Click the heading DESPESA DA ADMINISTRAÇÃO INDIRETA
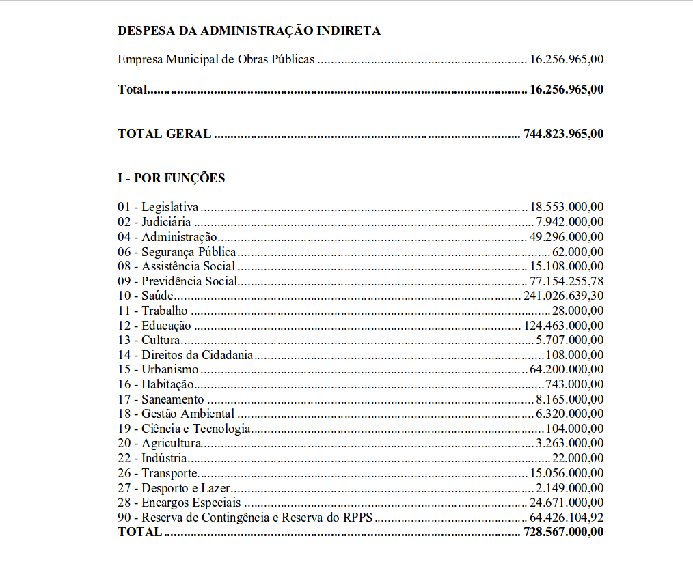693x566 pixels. (249, 31)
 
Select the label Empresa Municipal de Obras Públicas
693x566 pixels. (216, 59)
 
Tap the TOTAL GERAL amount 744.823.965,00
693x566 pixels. (563, 134)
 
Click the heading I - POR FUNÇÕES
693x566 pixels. (171, 178)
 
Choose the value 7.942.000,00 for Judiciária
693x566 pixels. (569, 222)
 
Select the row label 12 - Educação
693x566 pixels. (154, 326)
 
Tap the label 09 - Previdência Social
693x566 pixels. (177, 281)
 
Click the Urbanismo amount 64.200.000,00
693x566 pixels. (567, 370)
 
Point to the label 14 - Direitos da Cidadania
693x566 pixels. (185, 355)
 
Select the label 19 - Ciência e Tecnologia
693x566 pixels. (184, 429)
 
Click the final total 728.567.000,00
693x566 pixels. (563, 532)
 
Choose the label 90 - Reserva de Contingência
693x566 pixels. (245, 518)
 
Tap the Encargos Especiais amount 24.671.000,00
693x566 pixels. (567, 503)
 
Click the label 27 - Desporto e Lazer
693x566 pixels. (174, 488)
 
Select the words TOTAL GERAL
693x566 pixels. (165, 134)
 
